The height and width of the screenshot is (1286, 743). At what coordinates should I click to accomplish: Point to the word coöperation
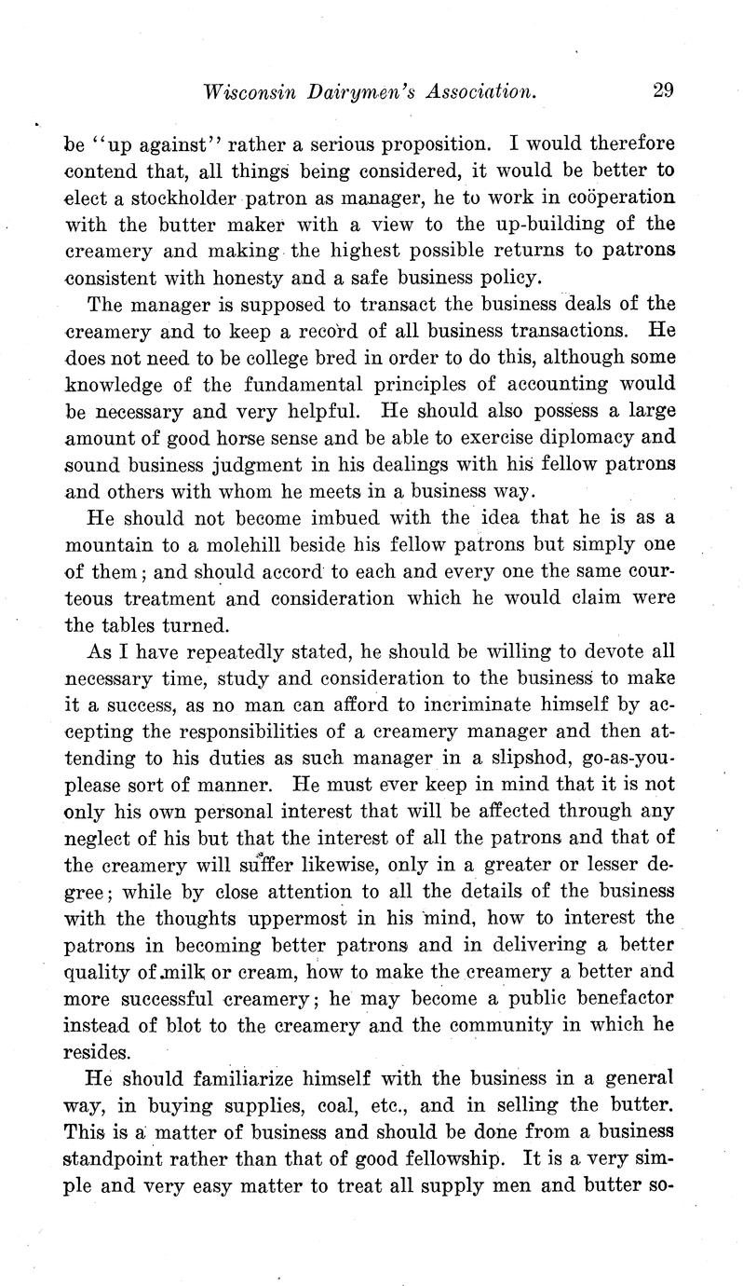click(x=618, y=198)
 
